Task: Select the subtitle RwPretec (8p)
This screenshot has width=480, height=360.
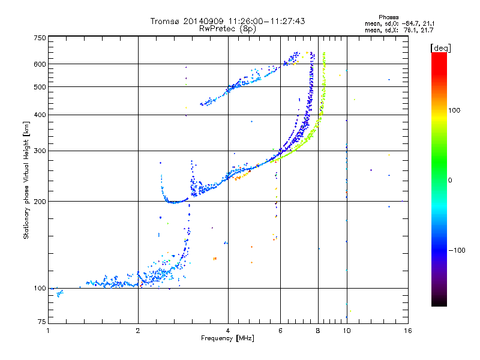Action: [227, 29]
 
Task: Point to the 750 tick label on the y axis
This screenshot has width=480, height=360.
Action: [40, 38]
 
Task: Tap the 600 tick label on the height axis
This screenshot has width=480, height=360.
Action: [40, 64]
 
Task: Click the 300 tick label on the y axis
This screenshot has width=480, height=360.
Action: [40, 151]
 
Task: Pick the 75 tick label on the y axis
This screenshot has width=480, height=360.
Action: [42, 322]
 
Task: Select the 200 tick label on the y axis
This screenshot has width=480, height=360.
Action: [40, 202]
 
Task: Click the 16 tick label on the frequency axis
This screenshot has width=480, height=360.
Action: [408, 331]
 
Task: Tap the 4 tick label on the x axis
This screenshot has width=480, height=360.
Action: [228, 331]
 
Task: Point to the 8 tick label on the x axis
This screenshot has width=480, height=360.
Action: [318, 331]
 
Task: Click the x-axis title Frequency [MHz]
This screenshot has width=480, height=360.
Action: [227, 338]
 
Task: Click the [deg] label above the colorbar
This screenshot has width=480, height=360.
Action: [440, 48]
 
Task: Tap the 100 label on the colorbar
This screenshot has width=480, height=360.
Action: [454, 110]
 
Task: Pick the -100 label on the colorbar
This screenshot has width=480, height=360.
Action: [457, 250]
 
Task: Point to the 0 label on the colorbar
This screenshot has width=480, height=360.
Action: [450, 181]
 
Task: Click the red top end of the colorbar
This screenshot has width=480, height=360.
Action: [439, 54]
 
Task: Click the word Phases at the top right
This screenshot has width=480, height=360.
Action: [388, 17]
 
